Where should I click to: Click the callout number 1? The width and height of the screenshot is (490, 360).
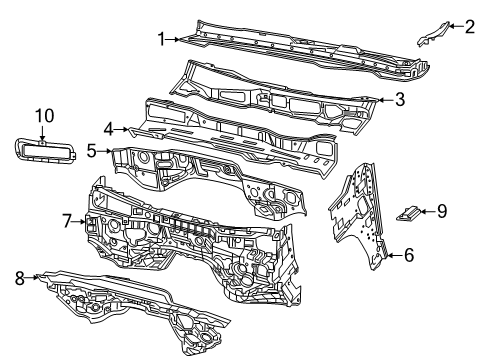[161, 39]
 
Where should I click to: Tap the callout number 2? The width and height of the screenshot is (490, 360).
[469, 27]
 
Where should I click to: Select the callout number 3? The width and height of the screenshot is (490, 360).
[399, 99]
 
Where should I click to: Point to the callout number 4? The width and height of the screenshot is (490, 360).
[108, 129]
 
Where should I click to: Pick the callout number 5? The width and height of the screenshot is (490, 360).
[91, 152]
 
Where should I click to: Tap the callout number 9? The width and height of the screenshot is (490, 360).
[442, 210]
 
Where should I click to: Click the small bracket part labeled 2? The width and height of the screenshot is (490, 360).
[429, 35]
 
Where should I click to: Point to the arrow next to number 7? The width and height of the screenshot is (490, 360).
[81, 220]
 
